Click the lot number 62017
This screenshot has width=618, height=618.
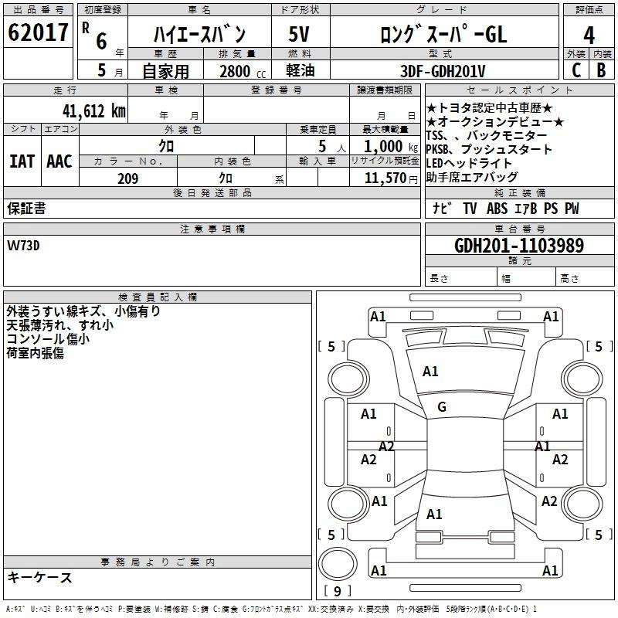(x=38, y=32)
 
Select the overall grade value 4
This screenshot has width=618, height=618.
(x=589, y=36)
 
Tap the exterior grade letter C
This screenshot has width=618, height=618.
(x=576, y=70)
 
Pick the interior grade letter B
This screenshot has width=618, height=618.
(x=601, y=70)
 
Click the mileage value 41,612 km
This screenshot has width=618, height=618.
(x=93, y=111)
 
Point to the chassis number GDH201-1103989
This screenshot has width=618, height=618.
(x=519, y=246)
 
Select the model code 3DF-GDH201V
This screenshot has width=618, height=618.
(x=443, y=71)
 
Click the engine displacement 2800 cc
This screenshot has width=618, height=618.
(x=243, y=71)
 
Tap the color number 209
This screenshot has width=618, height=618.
(x=127, y=178)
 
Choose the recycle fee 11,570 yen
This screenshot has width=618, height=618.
(x=391, y=178)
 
